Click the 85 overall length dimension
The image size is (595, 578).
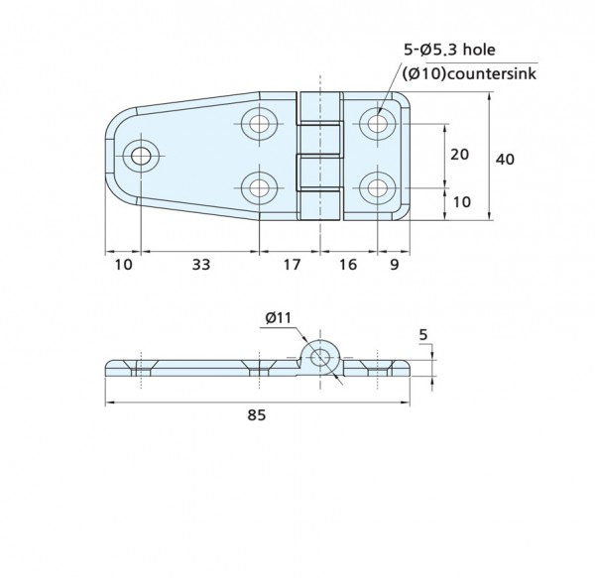click(x=257, y=415)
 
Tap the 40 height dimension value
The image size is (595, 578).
click(x=505, y=160)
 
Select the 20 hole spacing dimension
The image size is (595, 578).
click(x=459, y=155)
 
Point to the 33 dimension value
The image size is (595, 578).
click(x=200, y=265)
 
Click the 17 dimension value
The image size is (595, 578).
click(x=292, y=265)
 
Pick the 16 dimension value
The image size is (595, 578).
click(x=348, y=265)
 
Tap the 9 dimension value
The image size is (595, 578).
click(x=395, y=265)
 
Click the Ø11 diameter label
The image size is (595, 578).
click(x=278, y=318)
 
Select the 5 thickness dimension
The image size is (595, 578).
click(x=423, y=335)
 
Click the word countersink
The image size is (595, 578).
click(x=491, y=73)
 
